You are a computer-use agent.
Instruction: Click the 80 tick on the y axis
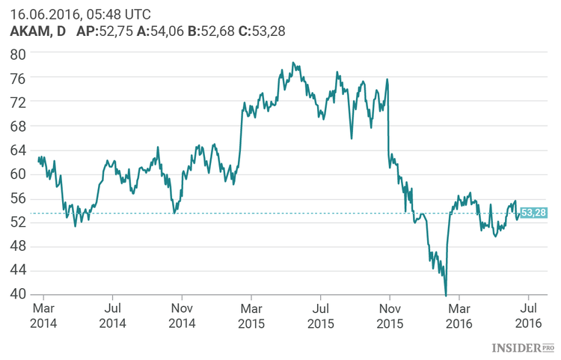pyautogui.click(x=18, y=54)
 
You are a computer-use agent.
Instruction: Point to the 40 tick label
pyautogui.click(x=18, y=294)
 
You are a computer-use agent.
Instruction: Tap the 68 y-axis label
pyautogui.click(x=18, y=126)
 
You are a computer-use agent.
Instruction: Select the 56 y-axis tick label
pyautogui.click(x=18, y=198)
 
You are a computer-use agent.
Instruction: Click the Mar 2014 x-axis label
pyautogui.click(x=43, y=314)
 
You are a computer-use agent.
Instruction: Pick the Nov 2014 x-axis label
pyautogui.click(x=182, y=314)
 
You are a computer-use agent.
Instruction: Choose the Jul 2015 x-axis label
pyautogui.click(x=320, y=314)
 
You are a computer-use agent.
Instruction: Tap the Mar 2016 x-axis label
pyautogui.click(x=459, y=314)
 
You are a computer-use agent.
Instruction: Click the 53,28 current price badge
pyautogui.click(x=533, y=213)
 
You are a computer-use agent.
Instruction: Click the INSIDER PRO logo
pyautogui.click(x=522, y=348)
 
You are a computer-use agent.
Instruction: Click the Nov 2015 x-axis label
pyautogui.click(x=390, y=314)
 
